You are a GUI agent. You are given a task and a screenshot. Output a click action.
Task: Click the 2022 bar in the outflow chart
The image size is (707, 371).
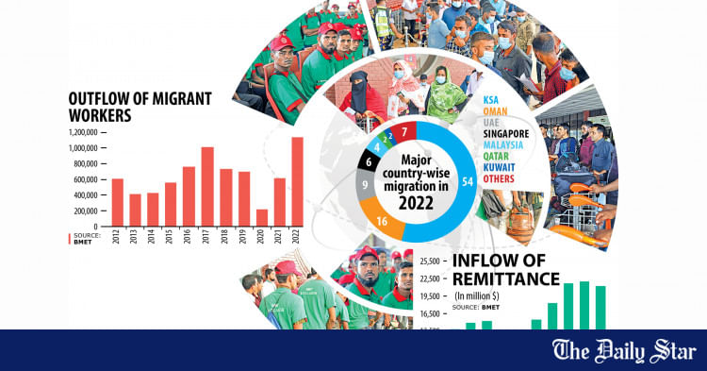(x=298, y=182)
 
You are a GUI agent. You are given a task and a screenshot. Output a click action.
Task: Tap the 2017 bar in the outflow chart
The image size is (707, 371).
(x=207, y=187)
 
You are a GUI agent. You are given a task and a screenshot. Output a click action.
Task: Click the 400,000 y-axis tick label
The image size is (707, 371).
(x=84, y=195)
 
